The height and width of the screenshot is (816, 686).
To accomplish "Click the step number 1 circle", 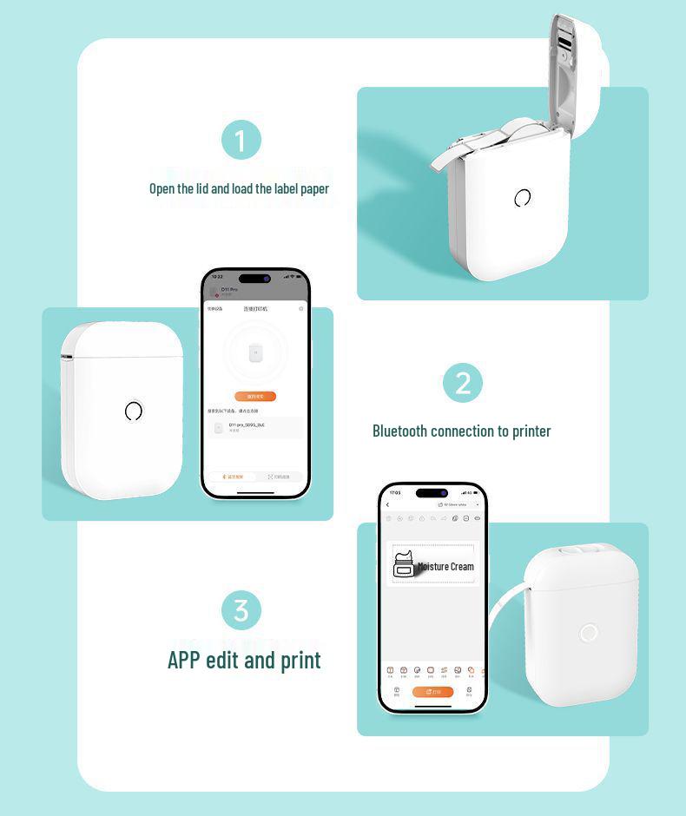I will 241,141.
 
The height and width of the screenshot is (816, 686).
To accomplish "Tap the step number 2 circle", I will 462,383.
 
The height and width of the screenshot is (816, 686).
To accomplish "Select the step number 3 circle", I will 241,611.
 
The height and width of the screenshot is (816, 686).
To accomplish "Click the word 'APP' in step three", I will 184,660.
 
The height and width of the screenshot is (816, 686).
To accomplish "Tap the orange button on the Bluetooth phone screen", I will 255,396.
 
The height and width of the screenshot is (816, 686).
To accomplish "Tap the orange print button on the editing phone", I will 432,692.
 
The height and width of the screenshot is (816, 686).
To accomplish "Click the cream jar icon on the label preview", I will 403,564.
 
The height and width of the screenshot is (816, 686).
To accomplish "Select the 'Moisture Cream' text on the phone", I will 446,567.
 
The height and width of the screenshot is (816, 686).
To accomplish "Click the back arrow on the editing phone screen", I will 387,504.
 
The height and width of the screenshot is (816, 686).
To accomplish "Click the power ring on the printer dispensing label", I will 589,633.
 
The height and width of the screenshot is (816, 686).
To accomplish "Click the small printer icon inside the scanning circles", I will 254,352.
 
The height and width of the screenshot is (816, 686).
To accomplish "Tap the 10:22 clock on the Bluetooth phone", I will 217,277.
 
